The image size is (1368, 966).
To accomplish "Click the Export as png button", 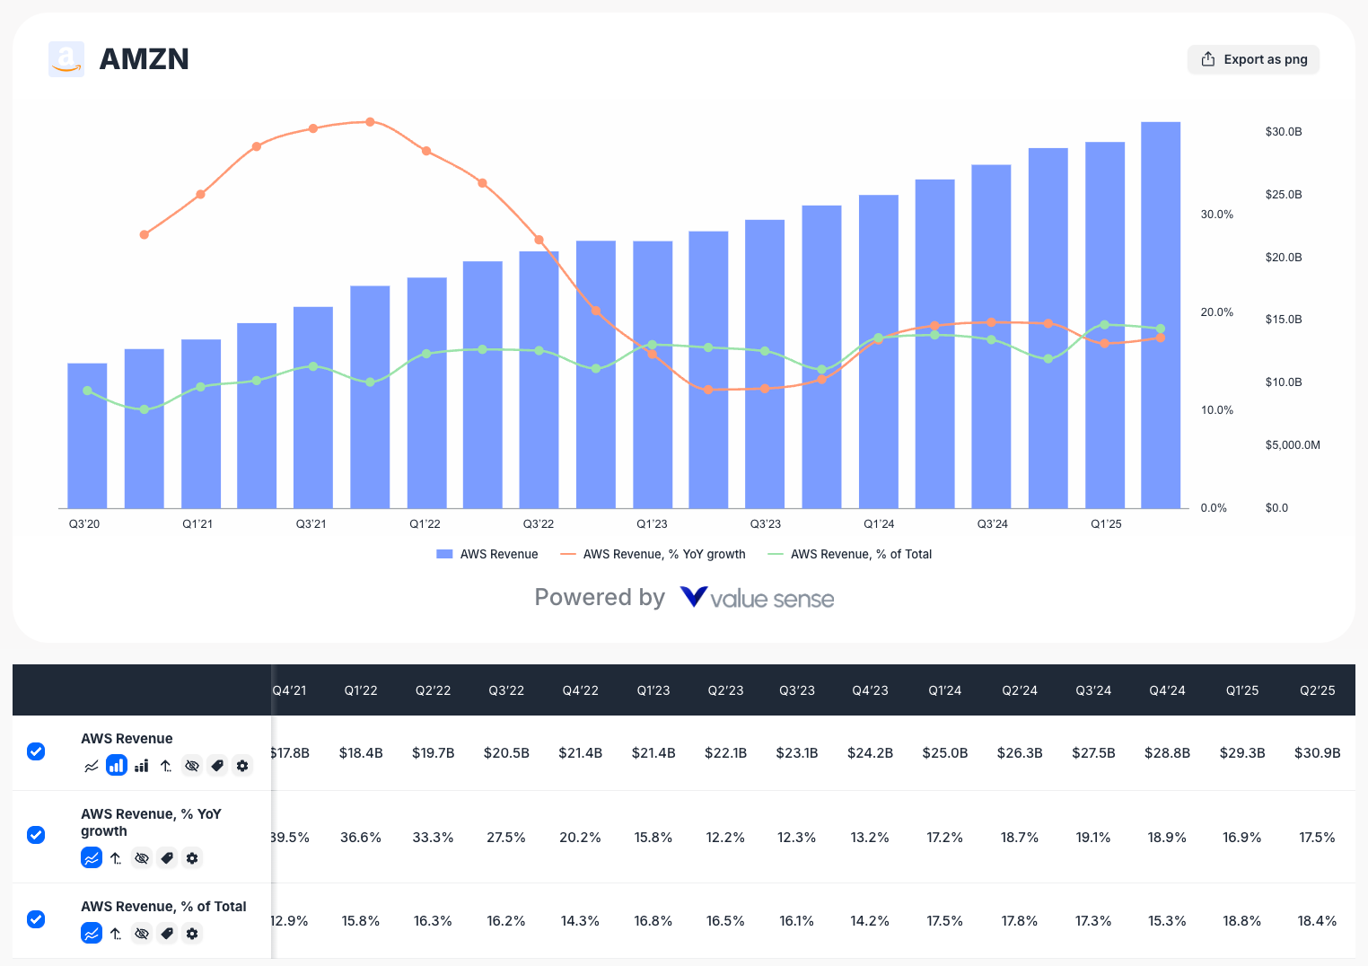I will pyautogui.click(x=1253, y=59).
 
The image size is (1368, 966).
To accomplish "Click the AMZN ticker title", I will pyautogui.click(x=144, y=59).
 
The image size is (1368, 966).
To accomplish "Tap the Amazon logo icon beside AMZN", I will pyautogui.click(x=66, y=59).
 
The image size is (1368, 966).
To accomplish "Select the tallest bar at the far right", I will pyautogui.click(x=1160, y=314).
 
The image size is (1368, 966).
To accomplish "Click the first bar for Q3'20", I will pyautogui.click(x=87, y=435).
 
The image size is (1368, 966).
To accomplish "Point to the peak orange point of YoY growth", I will pyautogui.click(x=370, y=122).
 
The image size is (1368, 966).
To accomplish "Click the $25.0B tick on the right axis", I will pyautogui.click(x=1283, y=195).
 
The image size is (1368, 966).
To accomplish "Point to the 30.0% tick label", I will pyautogui.click(x=1216, y=215).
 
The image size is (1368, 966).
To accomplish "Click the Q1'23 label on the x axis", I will pyautogui.click(x=652, y=524).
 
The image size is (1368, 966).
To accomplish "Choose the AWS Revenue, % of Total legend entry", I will pyautogui.click(x=850, y=555).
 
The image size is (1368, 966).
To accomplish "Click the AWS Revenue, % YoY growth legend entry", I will pyautogui.click(x=653, y=555).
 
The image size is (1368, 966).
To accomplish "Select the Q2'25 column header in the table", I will pyautogui.click(x=1317, y=690).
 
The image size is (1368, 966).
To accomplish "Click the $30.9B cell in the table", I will pyautogui.click(x=1317, y=753).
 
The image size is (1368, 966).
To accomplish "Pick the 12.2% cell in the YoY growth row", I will pyautogui.click(x=724, y=838).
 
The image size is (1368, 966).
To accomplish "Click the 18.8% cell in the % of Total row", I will pyautogui.click(x=1241, y=921).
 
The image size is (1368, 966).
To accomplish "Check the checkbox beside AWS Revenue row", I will pyautogui.click(x=36, y=751).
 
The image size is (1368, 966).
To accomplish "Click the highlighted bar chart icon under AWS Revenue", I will pyautogui.click(x=117, y=766).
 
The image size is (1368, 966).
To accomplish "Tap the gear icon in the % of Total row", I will pyautogui.click(x=192, y=934).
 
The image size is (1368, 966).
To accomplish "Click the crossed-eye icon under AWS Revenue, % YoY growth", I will pyautogui.click(x=142, y=858).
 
